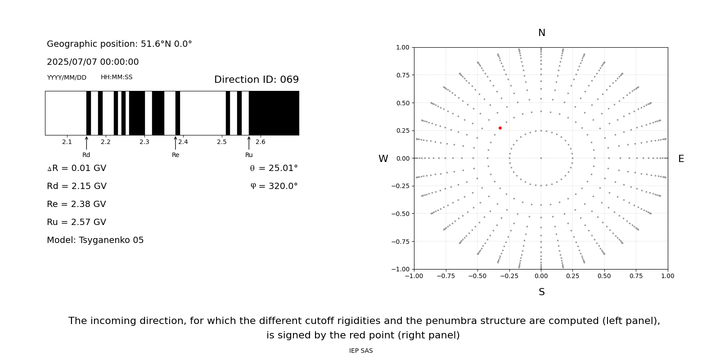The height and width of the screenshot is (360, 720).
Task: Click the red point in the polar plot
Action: (x=500, y=128)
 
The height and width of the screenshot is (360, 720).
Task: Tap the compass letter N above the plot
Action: (x=542, y=33)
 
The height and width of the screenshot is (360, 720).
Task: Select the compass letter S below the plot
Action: (x=542, y=292)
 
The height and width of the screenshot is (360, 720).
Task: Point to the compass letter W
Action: (x=383, y=159)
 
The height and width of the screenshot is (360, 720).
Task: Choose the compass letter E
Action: (x=681, y=159)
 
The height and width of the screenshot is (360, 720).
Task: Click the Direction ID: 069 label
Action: (x=256, y=80)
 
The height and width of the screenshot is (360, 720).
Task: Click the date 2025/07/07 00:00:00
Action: (x=93, y=62)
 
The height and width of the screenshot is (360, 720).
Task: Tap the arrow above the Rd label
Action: (x=86, y=143)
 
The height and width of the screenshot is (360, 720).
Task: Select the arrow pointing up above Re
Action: (x=175, y=143)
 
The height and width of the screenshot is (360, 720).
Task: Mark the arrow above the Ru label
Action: (x=249, y=143)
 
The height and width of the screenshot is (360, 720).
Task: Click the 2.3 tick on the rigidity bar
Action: (x=144, y=142)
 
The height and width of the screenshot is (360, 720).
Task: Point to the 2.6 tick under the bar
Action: (x=261, y=142)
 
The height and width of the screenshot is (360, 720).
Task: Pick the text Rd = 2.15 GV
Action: (x=76, y=186)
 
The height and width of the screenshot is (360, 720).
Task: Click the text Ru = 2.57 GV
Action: (x=76, y=222)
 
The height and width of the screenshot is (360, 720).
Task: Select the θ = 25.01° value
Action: (x=274, y=168)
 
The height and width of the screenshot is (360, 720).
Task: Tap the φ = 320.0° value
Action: (x=274, y=186)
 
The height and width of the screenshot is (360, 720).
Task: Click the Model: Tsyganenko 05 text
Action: (x=95, y=240)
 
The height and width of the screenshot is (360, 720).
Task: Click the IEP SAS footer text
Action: (x=361, y=351)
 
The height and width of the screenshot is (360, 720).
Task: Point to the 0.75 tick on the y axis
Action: (x=402, y=75)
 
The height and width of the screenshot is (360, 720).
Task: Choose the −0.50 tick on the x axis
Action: (x=477, y=276)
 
